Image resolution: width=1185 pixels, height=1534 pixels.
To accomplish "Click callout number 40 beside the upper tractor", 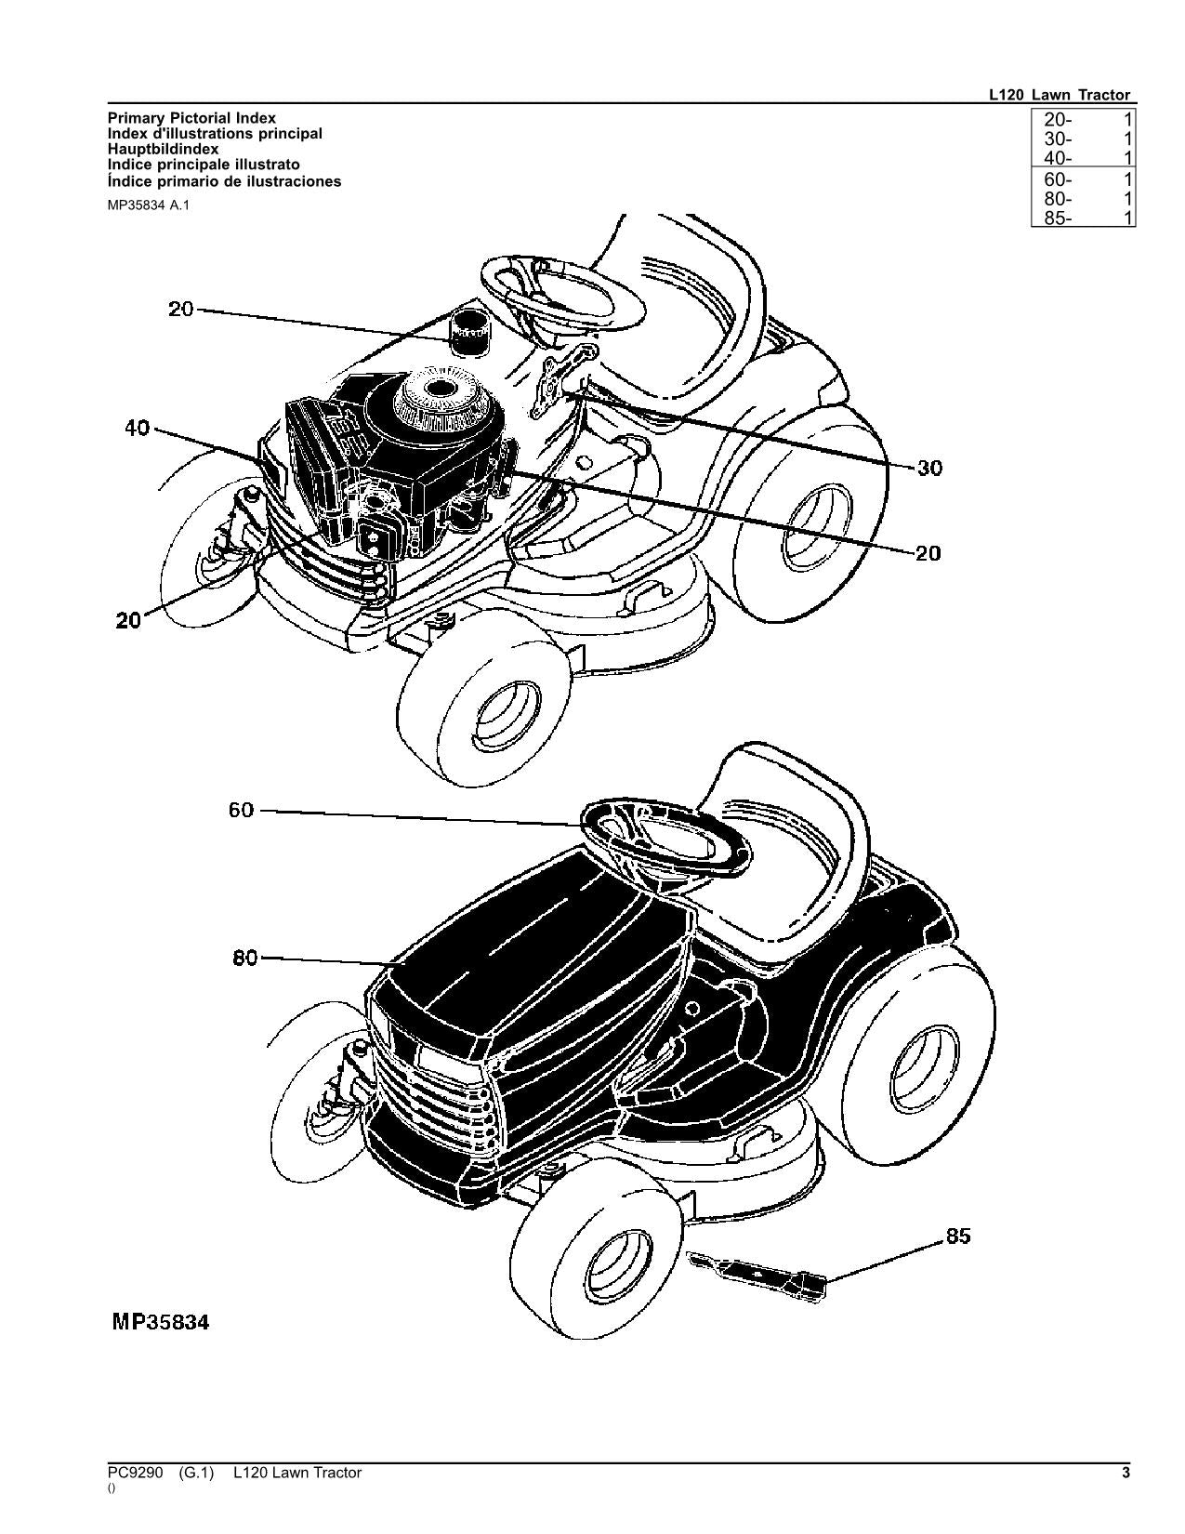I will click(137, 430).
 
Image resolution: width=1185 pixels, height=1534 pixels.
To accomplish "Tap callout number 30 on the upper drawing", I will click(929, 468).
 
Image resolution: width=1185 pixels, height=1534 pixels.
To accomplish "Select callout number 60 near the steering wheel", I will click(241, 810).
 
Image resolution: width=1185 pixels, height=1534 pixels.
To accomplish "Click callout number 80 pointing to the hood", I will click(245, 957).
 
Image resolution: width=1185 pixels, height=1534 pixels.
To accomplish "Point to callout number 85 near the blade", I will click(957, 1236).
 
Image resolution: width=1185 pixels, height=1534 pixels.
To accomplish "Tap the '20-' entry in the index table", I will click(1058, 119).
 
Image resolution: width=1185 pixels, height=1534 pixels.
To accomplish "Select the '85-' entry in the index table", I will click(1058, 218).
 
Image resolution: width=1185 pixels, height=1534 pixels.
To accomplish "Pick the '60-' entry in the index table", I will click(1058, 179).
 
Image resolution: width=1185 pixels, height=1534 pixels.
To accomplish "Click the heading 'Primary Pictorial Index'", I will click(191, 118).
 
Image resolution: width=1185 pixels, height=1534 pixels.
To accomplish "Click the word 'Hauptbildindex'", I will click(164, 149).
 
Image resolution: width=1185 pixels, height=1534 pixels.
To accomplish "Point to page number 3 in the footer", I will click(1126, 1473).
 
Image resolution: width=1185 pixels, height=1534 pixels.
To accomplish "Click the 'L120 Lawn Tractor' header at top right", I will click(1060, 95).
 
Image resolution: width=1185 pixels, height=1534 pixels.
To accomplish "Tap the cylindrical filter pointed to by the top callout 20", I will click(471, 332).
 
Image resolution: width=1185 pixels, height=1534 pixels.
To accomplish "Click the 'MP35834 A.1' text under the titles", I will click(152, 205).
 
